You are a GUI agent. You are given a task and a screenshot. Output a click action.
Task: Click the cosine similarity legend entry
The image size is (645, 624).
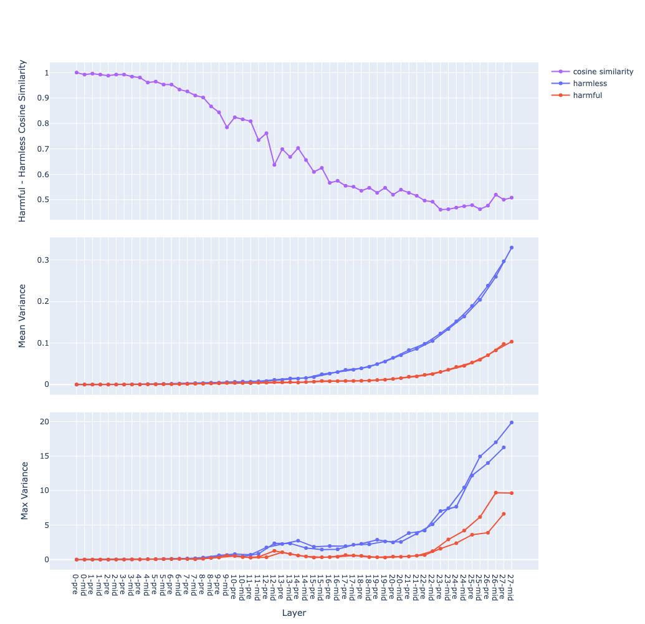(603, 72)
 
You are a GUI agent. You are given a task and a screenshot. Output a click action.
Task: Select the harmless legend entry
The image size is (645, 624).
(590, 84)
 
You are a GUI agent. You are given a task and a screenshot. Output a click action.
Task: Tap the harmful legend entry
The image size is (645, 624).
(587, 95)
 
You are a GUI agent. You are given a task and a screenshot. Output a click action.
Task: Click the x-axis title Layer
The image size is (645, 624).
(294, 613)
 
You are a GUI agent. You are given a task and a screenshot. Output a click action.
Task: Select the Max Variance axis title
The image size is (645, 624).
(25, 490)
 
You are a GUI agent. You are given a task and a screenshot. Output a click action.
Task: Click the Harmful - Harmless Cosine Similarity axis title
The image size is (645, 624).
(22, 140)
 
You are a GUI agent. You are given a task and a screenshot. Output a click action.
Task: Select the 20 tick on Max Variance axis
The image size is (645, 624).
(60, 421)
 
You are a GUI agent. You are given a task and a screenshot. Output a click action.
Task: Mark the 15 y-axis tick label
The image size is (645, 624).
(60, 456)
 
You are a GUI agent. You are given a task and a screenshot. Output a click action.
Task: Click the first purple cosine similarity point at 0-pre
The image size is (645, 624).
(77, 72)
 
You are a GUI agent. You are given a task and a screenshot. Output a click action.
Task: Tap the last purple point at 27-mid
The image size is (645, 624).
(512, 198)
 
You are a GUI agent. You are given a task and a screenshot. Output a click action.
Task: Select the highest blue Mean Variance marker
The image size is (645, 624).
(512, 248)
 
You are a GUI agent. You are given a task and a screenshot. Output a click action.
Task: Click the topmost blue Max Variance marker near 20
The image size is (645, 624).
(512, 422)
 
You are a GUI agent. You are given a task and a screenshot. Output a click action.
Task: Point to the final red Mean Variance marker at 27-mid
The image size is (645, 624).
(512, 341)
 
